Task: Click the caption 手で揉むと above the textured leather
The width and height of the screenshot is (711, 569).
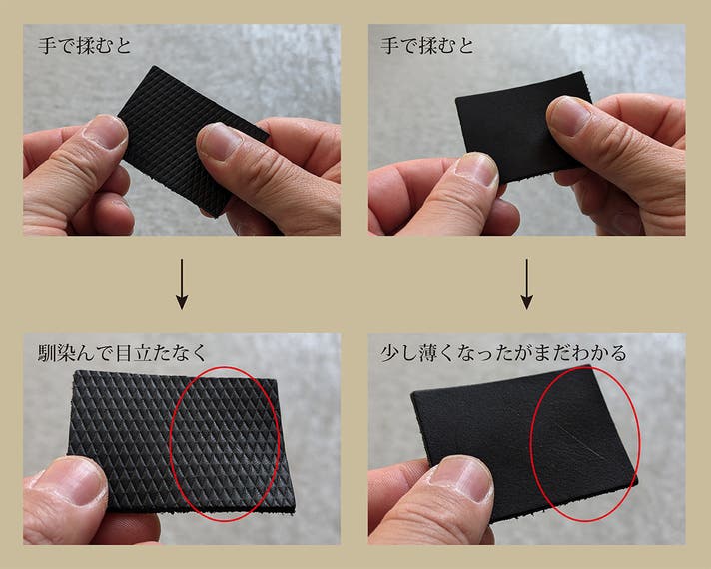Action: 85,46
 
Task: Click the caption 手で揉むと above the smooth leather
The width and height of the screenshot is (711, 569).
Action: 427,46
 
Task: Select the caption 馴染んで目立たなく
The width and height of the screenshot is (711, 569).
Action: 123,353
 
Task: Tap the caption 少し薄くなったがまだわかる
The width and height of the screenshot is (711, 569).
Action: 503,353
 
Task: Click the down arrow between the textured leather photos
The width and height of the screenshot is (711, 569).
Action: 182,284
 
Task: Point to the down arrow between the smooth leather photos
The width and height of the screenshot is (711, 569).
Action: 526,284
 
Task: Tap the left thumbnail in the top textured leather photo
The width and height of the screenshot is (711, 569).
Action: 106,132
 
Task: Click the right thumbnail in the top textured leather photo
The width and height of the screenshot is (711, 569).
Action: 220,142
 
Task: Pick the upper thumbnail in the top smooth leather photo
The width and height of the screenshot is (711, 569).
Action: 568,116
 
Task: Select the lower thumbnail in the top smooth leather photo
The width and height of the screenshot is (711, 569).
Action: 476,169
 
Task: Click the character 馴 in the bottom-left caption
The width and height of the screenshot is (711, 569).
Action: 48,353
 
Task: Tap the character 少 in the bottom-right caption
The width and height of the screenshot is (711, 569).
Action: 390,353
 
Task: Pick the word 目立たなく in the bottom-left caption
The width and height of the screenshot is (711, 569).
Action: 161,353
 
